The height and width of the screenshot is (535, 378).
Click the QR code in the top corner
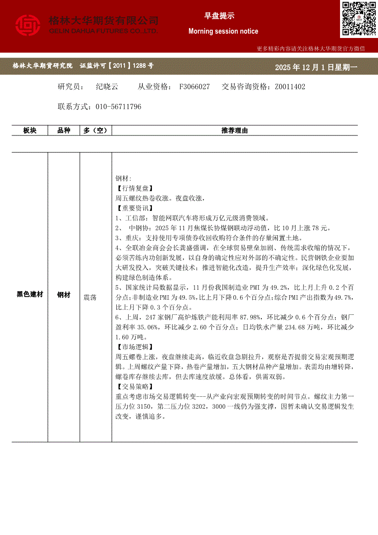pos(359,19)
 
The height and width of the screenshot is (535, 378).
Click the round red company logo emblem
pos(28,25)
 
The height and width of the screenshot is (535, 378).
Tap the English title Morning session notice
pos(223,31)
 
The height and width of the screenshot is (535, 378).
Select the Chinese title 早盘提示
pos(219,16)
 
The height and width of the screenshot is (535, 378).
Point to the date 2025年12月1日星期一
pos(316,67)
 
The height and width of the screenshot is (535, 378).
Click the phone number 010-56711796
pos(119,107)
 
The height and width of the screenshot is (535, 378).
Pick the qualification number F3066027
pos(194,86)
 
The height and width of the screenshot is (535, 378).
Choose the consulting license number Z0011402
pos(290,86)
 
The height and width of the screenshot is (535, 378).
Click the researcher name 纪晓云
pos(107,86)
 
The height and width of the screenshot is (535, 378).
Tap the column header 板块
pos(30,130)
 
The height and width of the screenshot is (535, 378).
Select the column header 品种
pos(64,130)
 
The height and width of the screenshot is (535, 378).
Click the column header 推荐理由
pos(234,130)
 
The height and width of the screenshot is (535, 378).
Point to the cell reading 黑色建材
pos(30,295)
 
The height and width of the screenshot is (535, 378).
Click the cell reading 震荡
pos(90,297)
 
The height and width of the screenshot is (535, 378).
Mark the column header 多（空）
pos(96,130)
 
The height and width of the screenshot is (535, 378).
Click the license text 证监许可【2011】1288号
pos(117,66)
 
